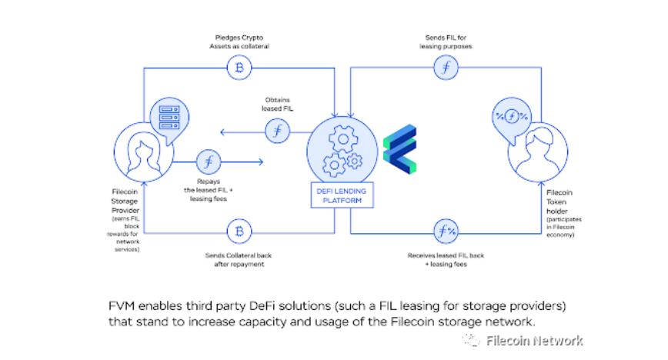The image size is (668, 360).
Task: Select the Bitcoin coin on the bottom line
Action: tap(239, 231)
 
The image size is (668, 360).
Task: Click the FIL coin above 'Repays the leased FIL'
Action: tap(208, 162)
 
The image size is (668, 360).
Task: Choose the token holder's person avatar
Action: tap(536, 149)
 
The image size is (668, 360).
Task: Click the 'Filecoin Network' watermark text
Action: tap(534, 340)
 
